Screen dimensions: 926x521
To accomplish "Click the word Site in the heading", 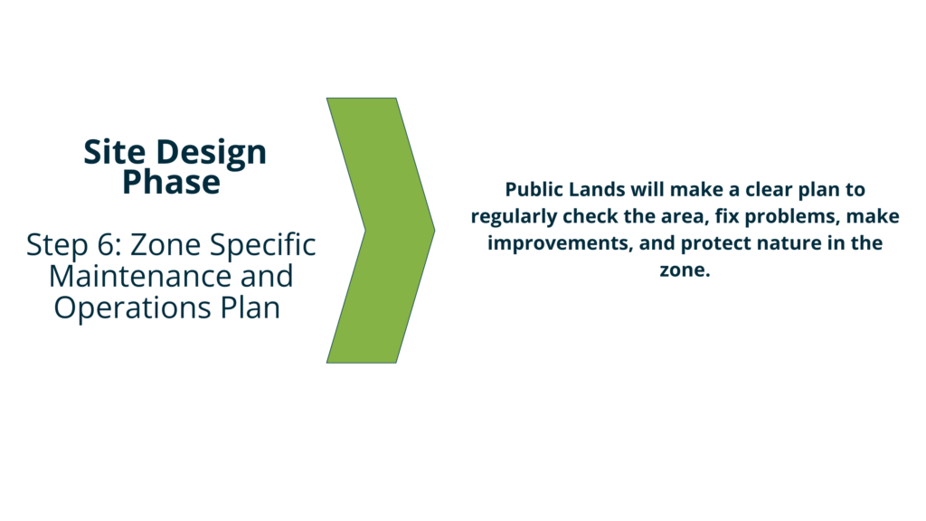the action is [115, 152].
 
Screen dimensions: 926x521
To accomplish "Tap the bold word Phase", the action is [171, 182].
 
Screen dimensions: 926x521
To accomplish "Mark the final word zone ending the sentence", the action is [685, 270].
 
